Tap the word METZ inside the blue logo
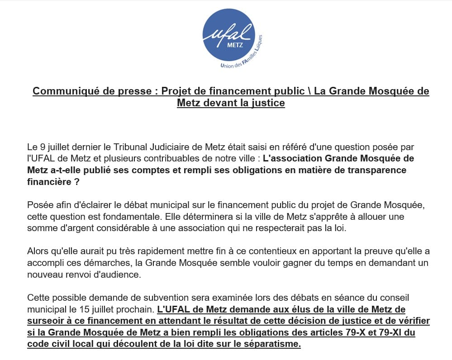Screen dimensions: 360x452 click(x=236, y=45)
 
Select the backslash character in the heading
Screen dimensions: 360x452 click(x=309, y=91)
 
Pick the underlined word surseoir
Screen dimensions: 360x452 click(x=44, y=321)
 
